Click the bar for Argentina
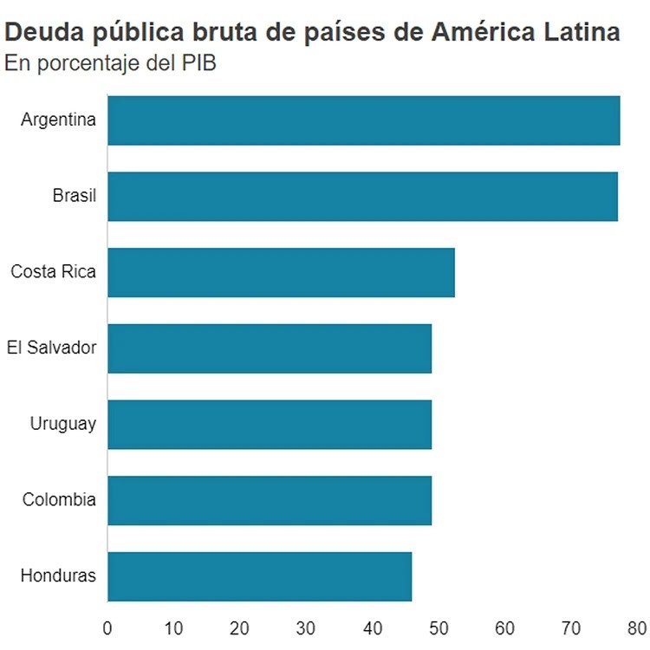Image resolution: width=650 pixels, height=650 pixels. pyautogui.click(x=364, y=120)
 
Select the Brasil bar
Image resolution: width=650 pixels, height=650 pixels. pyautogui.click(x=362, y=197)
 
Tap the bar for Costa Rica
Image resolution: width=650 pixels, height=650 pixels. pyautogui.click(x=281, y=272)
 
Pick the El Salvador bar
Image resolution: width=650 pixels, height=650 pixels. pyautogui.click(x=270, y=348)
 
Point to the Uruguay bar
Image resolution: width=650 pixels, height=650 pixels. pyautogui.click(x=270, y=425)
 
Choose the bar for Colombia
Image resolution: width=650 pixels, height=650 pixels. pyautogui.click(x=270, y=500)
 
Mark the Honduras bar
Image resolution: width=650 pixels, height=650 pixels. pyautogui.click(x=259, y=576)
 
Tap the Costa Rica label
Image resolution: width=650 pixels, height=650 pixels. pyautogui.click(x=53, y=272)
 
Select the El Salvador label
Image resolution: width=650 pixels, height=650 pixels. pyautogui.click(x=51, y=348)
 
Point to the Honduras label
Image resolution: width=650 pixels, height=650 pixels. pyautogui.click(x=58, y=576)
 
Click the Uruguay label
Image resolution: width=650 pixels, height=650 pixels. pyautogui.click(x=62, y=425)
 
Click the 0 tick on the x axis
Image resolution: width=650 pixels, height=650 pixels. pyautogui.click(x=107, y=627)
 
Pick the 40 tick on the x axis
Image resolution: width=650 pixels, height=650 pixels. pyautogui.click(x=372, y=627)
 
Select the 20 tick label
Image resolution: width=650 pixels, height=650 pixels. pyautogui.click(x=240, y=627)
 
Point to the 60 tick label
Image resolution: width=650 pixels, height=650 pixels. pyautogui.click(x=504, y=627)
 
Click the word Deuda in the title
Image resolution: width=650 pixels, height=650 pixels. pyautogui.click(x=40, y=33)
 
